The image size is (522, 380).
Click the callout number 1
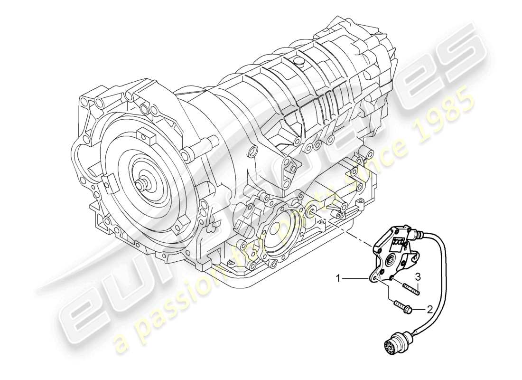[x=339, y=279]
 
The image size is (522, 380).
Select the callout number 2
[x=429, y=310]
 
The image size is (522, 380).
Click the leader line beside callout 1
[x=356, y=279]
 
